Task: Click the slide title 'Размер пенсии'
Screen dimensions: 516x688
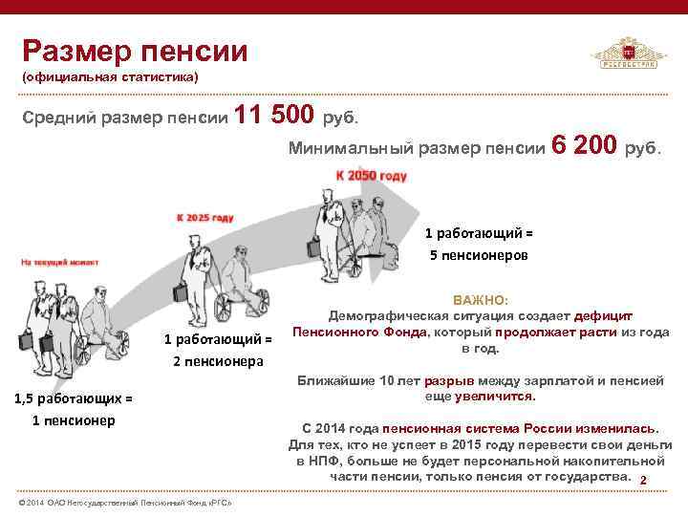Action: click(x=135, y=49)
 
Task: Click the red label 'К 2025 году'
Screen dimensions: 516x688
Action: click(x=204, y=218)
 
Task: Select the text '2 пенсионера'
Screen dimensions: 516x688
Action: click(x=217, y=360)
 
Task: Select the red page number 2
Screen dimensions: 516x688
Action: click(x=643, y=480)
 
